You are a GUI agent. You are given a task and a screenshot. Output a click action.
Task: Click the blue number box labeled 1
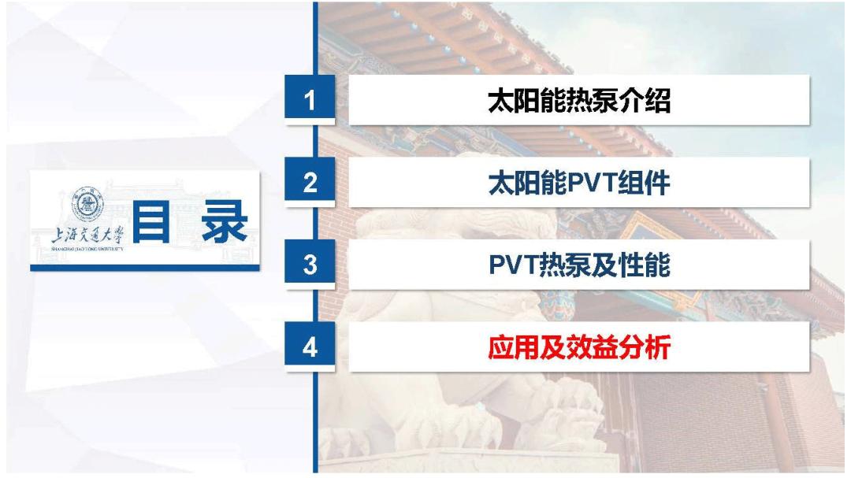(310, 100)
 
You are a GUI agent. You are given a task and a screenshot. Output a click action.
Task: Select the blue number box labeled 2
(310, 183)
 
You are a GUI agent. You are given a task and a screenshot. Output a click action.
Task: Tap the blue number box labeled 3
(310, 265)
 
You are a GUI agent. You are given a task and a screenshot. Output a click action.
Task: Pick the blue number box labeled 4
(310, 347)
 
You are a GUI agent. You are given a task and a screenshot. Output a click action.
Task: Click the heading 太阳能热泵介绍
(579, 101)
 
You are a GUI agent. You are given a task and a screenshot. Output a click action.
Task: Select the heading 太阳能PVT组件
(579, 183)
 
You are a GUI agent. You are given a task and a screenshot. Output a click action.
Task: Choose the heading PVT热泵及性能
(579, 265)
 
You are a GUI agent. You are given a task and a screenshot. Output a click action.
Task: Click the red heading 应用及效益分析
(579, 347)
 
